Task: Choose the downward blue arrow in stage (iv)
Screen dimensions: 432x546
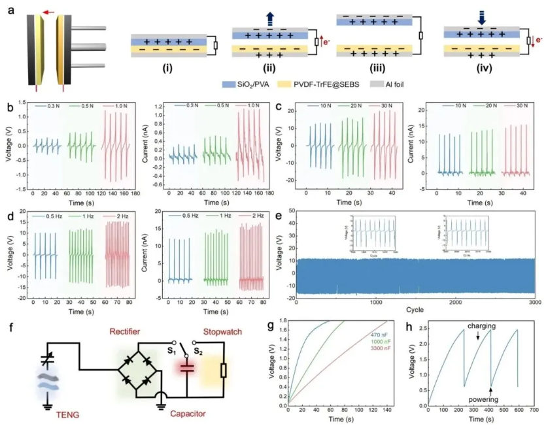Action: tap(482, 20)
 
